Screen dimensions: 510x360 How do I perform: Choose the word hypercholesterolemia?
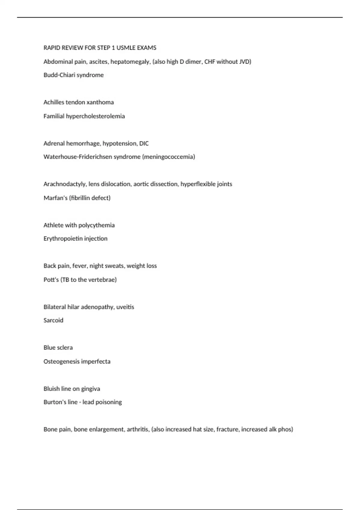95,116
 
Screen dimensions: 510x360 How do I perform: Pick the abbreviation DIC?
144,143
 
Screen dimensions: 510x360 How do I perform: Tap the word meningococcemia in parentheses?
169,157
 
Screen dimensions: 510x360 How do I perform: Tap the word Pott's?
51,280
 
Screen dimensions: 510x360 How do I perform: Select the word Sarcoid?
53,320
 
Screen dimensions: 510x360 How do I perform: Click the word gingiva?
91,389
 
